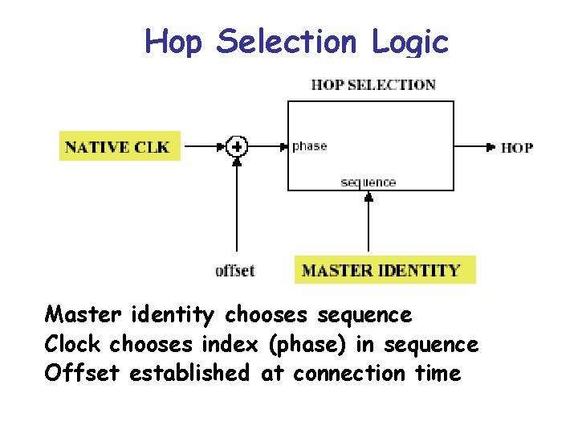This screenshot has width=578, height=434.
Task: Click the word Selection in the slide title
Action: pyautogui.click(x=287, y=41)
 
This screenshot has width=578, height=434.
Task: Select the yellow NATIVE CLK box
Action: pyautogui.click(x=120, y=146)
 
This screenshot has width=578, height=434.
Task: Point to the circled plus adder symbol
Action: pyautogui.click(x=237, y=146)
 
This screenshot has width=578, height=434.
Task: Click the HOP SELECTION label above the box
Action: pyautogui.click(x=372, y=84)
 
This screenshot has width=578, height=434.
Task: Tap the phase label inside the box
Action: pyautogui.click(x=309, y=146)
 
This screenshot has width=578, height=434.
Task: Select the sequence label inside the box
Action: pyautogui.click(x=368, y=182)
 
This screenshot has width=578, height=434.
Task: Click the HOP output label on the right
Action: pyautogui.click(x=516, y=147)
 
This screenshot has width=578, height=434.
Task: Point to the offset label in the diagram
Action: pyautogui.click(x=234, y=270)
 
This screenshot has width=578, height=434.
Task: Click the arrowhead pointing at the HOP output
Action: pyautogui.click(x=490, y=147)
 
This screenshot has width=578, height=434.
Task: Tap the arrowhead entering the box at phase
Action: pyautogui.click(x=283, y=147)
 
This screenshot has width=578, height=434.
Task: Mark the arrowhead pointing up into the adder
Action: pyautogui.click(x=237, y=161)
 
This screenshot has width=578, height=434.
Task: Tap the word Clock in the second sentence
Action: pyautogui.click(x=73, y=344)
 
